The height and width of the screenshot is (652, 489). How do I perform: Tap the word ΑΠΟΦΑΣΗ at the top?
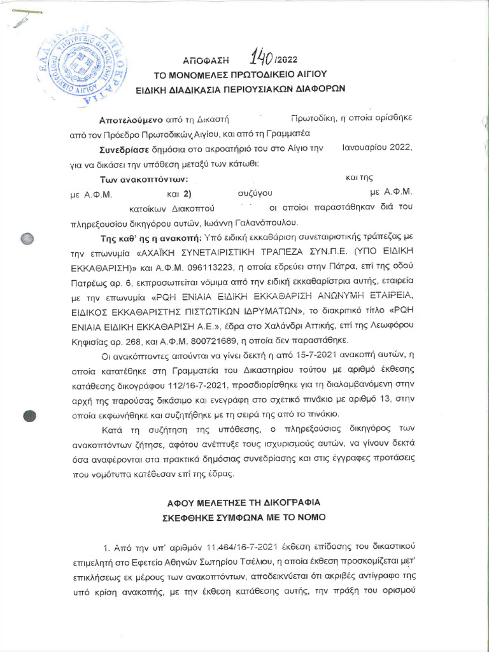(x=206, y=62)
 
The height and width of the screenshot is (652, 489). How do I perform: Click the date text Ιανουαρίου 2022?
(x=378, y=149)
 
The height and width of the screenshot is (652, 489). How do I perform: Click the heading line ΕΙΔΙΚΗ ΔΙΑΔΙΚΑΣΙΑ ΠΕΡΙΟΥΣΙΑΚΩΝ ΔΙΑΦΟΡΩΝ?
(x=245, y=89)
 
